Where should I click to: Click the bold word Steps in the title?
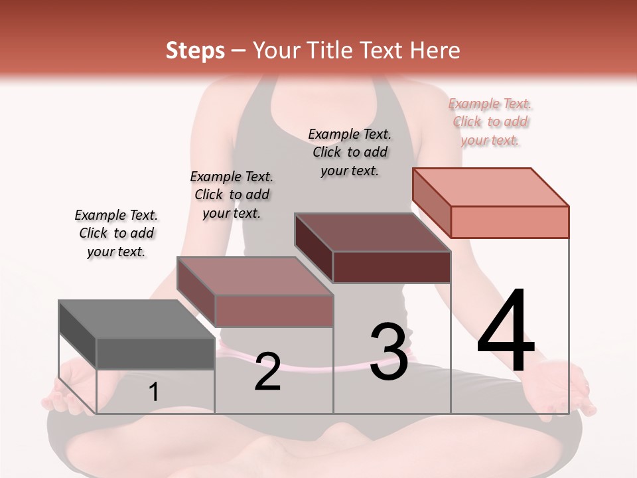pos(195,50)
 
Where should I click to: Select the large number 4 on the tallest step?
pos(506,331)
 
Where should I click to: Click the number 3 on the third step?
pos(389,351)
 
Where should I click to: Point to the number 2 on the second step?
pos(268,371)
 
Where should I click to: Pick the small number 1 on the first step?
pos(153,392)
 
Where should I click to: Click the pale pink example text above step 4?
pos(490,121)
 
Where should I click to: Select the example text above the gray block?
pos(116,233)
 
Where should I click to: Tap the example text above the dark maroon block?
pos(350,152)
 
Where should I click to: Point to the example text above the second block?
pos(232,195)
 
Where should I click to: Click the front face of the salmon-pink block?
pos(510,222)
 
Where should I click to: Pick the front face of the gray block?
pos(155,353)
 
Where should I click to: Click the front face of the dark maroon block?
pos(391,267)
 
